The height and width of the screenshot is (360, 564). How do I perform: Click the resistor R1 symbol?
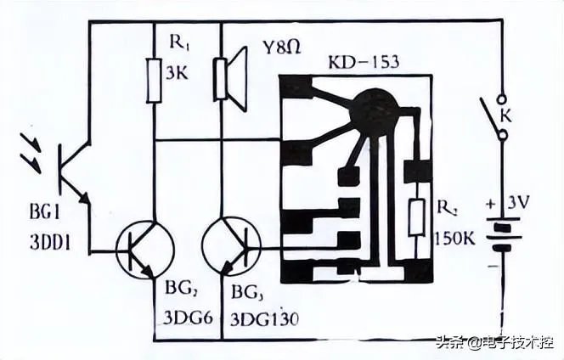tap(154, 80)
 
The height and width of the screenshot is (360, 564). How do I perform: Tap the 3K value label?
tap(176, 73)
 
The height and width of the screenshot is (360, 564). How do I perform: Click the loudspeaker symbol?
tap(230, 79)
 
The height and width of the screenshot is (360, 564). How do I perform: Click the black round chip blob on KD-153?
tap(375, 110)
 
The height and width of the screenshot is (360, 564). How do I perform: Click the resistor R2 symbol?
tap(416, 217)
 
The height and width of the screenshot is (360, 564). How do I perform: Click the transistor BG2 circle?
tap(144, 248)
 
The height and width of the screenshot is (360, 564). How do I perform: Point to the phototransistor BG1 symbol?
tap(70, 170)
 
